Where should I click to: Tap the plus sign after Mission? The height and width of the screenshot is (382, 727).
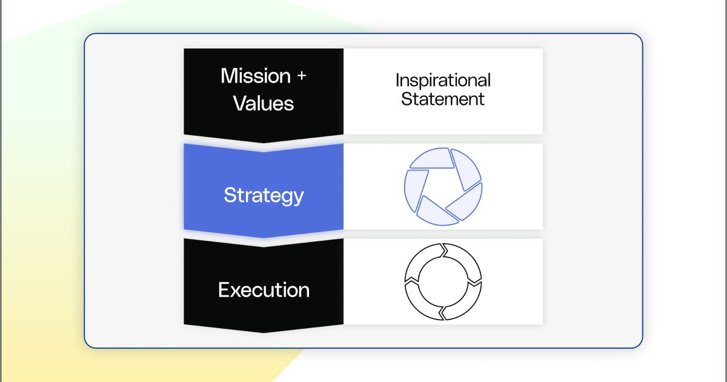click(300, 77)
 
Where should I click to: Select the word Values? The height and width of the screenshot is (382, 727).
click(264, 103)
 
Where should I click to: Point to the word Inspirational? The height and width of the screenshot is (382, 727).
click(443, 80)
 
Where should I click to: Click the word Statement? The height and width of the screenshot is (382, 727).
click(443, 99)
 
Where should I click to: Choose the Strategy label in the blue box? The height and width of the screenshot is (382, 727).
click(264, 195)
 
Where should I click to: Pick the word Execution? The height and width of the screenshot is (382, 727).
click(264, 290)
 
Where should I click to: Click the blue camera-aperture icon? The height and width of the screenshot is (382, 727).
click(443, 186)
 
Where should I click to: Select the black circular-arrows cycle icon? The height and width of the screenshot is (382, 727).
click(443, 281)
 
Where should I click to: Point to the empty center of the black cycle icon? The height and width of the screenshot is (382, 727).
click(443, 281)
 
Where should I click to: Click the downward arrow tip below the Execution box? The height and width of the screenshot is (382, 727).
click(264, 329)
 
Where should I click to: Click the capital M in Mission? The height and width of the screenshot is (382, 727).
click(228, 76)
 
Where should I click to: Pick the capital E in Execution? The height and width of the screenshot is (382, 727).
click(223, 290)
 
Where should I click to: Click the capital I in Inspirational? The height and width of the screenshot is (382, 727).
click(397, 80)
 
